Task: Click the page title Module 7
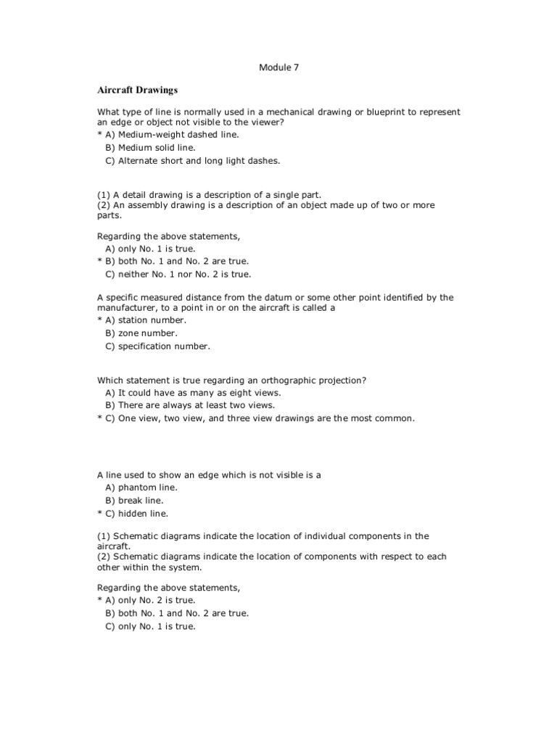pos(278,67)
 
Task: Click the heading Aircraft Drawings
pos(137,91)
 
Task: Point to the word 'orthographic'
pos(284,380)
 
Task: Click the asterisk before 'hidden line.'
pos(99,514)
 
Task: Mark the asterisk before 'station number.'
pos(99,320)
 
